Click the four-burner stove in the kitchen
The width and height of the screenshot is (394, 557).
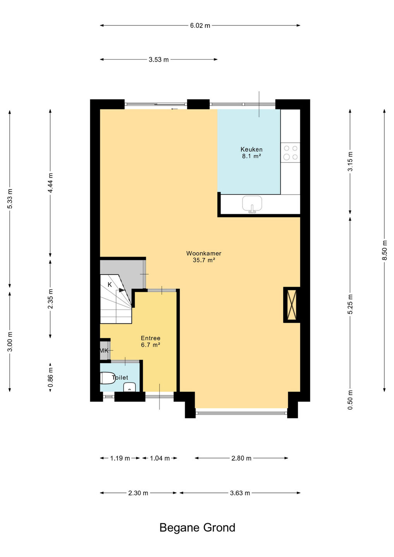click(290, 152)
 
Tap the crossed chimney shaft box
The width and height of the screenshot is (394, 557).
click(291, 305)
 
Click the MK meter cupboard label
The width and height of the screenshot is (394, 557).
click(104, 350)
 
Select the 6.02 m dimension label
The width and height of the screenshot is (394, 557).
click(200, 26)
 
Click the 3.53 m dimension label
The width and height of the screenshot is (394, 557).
click(159, 60)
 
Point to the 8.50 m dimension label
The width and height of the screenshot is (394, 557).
click(385, 250)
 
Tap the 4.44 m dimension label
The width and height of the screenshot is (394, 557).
click(50, 183)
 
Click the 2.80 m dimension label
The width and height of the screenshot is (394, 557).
click(241, 458)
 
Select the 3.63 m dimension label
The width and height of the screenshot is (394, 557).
click(240, 493)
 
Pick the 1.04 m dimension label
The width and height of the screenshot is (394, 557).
click(160, 458)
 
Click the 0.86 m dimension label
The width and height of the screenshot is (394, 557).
click(50, 377)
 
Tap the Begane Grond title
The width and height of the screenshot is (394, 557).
click(197, 528)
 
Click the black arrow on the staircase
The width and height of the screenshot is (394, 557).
click(122, 290)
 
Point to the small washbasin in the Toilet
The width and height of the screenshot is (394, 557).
click(129, 387)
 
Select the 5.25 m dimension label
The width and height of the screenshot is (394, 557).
click(350, 304)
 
